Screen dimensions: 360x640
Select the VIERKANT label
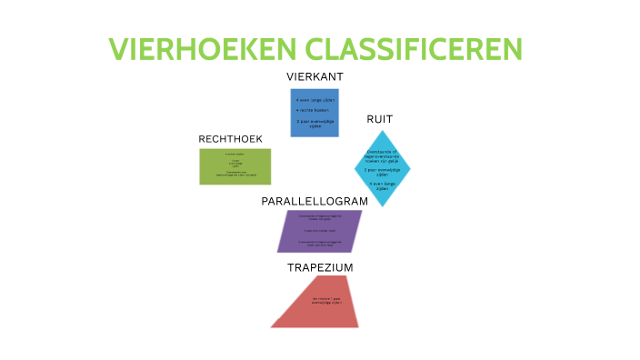pyautogui.click(x=315, y=76)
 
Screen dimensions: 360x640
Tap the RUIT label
pyautogui.click(x=379, y=119)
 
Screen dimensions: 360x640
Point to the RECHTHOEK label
pyautogui.click(x=230, y=138)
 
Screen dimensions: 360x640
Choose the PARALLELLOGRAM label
pyautogui.click(x=315, y=201)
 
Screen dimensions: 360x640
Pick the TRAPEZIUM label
pyautogui.click(x=320, y=267)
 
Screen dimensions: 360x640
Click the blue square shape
pyautogui.click(x=315, y=113)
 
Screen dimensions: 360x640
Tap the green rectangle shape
pyautogui.click(x=235, y=166)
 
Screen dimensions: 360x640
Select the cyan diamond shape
pyautogui.click(x=382, y=168)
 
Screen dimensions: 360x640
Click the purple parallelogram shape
pyautogui.click(x=319, y=232)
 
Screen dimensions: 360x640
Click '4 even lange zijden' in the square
pyautogui.click(x=315, y=99)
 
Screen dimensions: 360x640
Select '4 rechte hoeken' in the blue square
pyautogui.click(x=315, y=110)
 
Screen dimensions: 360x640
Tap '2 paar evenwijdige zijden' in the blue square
pyautogui.click(x=315, y=123)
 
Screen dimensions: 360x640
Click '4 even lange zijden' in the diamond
pyautogui.click(x=382, y=185)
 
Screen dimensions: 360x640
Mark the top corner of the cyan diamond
pyautogui.click(x=382, y=130)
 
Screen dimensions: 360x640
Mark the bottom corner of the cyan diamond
pyautogui.click(x=382, y=207)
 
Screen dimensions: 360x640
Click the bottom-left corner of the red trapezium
pyautogui.click(x=271, y=327)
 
